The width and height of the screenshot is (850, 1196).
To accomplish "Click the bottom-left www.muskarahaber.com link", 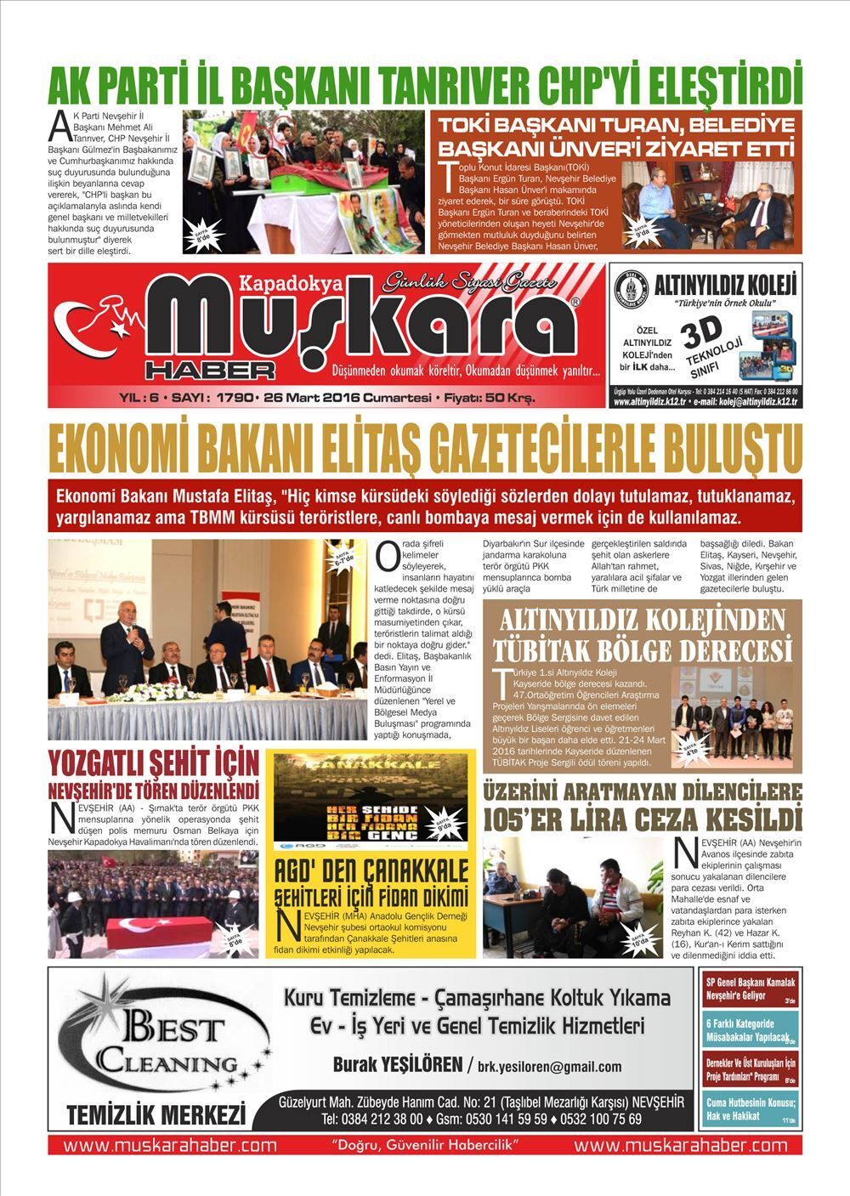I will point(170,1144).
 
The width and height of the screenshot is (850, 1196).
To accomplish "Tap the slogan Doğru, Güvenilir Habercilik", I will point(425,1144).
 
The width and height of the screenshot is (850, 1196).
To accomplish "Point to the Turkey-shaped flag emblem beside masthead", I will point(93,321).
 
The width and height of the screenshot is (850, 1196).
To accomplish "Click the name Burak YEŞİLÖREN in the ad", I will point(396,1064).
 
